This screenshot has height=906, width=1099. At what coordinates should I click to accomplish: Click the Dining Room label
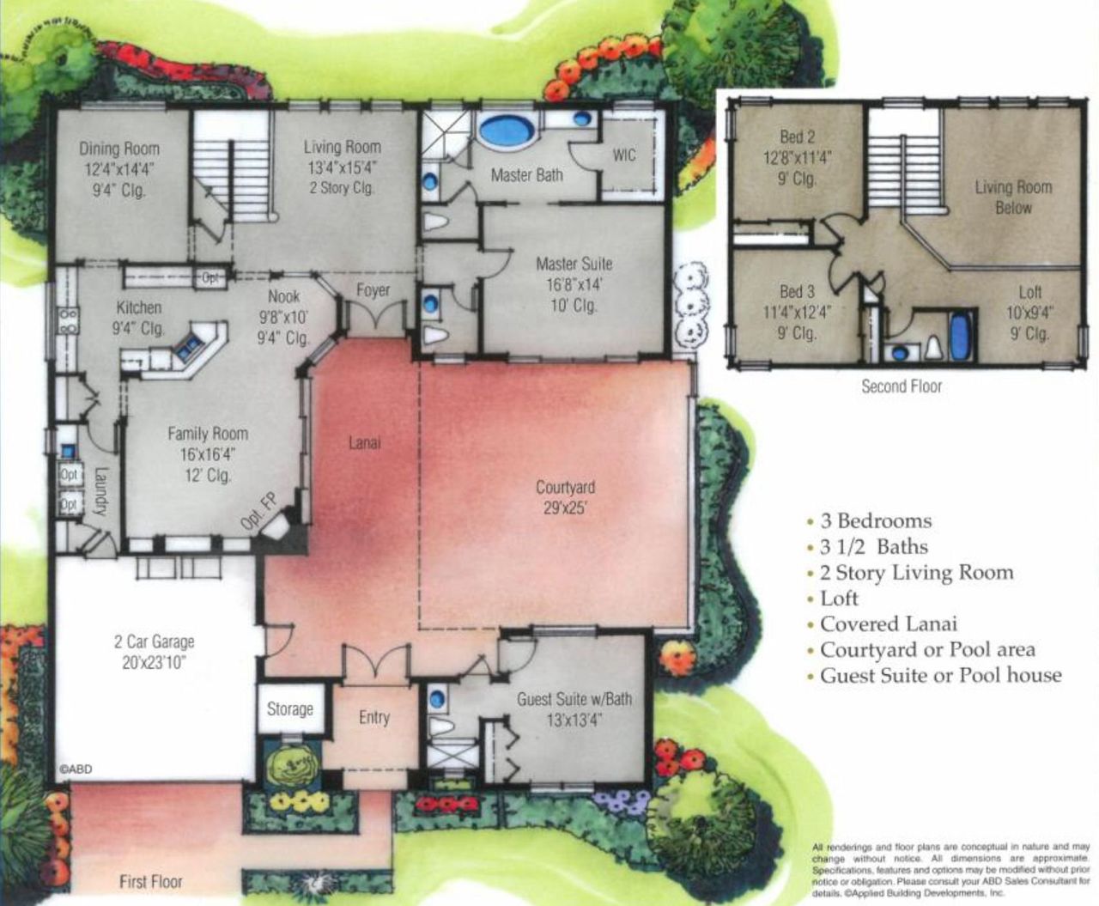tap(119, 149)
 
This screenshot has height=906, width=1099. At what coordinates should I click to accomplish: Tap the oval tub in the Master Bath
tap(506, 131)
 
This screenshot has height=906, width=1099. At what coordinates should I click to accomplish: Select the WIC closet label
tap(624, 155)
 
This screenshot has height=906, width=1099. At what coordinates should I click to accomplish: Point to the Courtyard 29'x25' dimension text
tap(565, 508)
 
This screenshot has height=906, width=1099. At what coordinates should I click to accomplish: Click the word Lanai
tap(364, 443)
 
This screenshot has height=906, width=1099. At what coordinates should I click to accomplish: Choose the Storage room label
tap(289, 709)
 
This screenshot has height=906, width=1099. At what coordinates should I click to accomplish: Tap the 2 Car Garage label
tap(155, 641)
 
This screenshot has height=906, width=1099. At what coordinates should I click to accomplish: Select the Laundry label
tap(100, 490)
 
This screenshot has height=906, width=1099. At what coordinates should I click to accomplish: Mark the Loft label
tap(1029, 292)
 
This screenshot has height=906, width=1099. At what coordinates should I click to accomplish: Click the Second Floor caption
tap(902, 386)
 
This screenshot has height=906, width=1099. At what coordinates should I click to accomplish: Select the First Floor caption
tap(150, 881)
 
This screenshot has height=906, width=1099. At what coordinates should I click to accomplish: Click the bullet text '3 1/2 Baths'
tap(873, 547)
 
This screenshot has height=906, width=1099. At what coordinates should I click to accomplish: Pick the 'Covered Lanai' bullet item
tap(888, 624)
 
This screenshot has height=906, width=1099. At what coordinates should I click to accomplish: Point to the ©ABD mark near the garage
tap(76, 769)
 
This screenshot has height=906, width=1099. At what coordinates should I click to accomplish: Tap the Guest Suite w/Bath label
tap(574, 699)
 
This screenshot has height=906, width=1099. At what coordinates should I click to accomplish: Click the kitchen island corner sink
tap(188, 346)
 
